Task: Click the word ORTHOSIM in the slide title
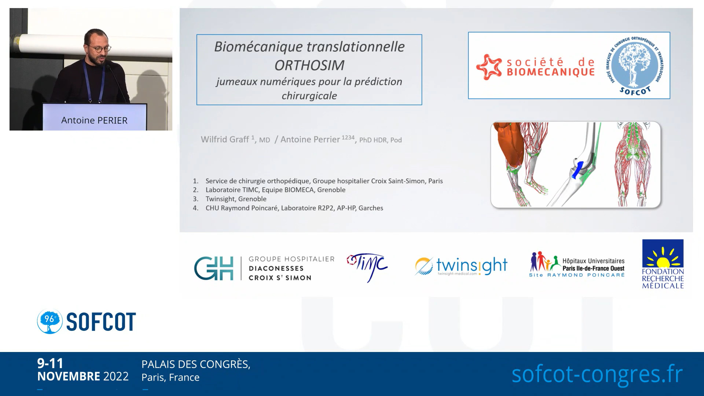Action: (309, 65)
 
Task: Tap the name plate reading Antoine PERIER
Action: (95, 117)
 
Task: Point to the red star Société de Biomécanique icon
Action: (489, 67)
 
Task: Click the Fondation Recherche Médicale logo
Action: (663, 264)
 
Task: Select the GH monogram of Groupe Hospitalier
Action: (214, 268)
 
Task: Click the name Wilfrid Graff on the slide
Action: (225, 139)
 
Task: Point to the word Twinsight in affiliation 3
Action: (220, 199)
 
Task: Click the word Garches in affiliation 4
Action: (371, 208)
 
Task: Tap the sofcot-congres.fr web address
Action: (597, 374)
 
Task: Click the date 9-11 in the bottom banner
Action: (50, 363)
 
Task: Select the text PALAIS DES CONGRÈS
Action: (196, 364)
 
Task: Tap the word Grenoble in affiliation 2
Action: (331, 190)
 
